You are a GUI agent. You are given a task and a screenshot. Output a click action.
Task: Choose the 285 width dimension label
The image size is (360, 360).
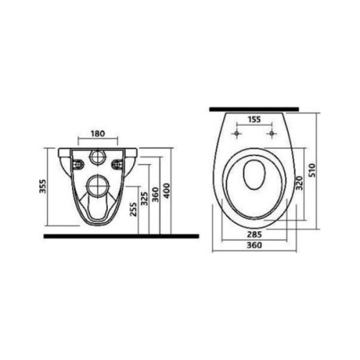click(254, 235)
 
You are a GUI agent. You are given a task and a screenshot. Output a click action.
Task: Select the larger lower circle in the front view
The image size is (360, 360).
click(96, 189)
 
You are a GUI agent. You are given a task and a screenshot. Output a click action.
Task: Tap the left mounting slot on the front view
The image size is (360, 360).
click(76, 164)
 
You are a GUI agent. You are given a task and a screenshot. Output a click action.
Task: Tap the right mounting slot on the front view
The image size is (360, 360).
click(117, 164)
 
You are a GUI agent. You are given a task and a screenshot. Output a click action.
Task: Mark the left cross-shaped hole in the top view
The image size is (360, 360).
click(237, 134)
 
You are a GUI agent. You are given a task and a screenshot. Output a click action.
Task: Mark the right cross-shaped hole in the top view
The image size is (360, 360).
click(271, 134)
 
